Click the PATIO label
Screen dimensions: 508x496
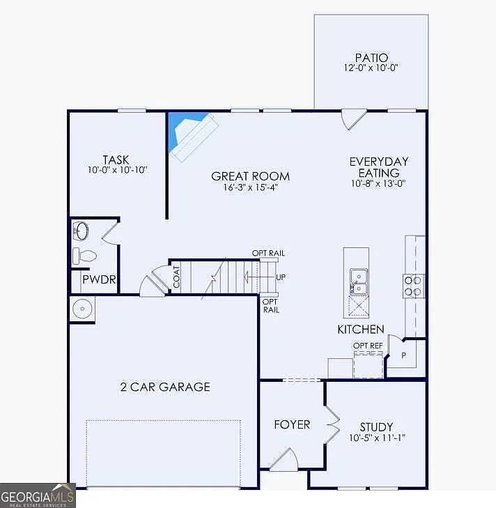click(x=371, y=58)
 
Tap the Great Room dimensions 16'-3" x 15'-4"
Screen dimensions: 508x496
click(x=250, y=187)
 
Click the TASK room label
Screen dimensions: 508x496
click(x=116, y=160)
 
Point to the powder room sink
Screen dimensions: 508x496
click(x=82, y=231)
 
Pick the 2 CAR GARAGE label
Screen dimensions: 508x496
click(x=165, y=387)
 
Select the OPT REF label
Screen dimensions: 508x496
click(x=368, y=346)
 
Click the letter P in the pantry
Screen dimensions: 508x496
click(x=403, y=355)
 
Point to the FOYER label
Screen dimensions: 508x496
click(x=292, y=424)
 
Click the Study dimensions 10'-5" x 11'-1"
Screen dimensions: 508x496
click(x=377, y=438)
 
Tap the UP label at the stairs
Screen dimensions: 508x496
click(x=281, y=277)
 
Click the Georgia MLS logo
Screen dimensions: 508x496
click(x=38, y=495)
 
